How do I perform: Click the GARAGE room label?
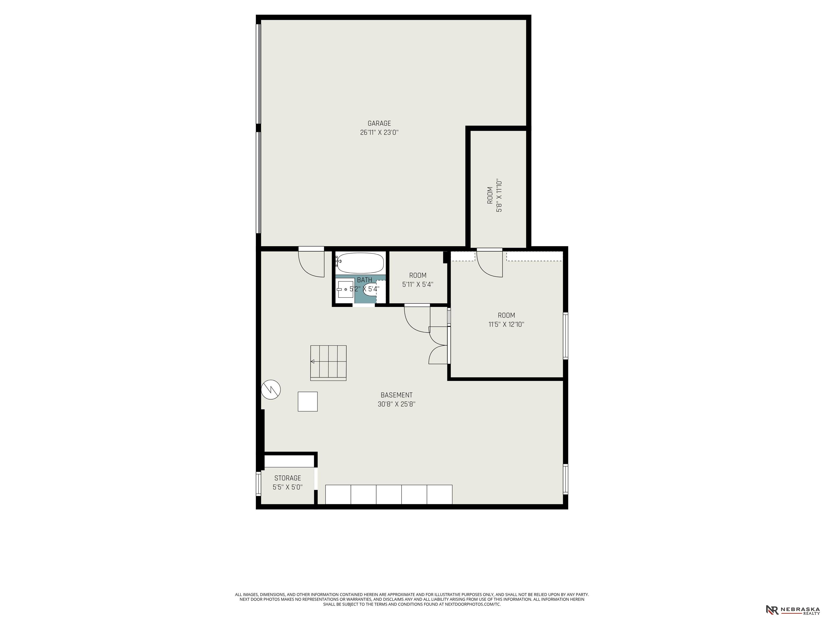pos(379,123)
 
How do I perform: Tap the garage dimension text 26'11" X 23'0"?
pos(379,132)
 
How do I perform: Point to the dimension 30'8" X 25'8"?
pos(396,404)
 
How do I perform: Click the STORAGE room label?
pos(288,478)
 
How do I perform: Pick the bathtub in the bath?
pos(360,263)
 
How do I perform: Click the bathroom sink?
pos(345,289)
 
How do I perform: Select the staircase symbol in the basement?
pos(328,363)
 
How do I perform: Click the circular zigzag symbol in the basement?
pos(271,390)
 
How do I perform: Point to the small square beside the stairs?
pos(308,402)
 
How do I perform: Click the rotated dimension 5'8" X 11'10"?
pos(499,195)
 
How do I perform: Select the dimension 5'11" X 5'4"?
pos(418,285)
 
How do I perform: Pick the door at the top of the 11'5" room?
pos(490,263)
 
